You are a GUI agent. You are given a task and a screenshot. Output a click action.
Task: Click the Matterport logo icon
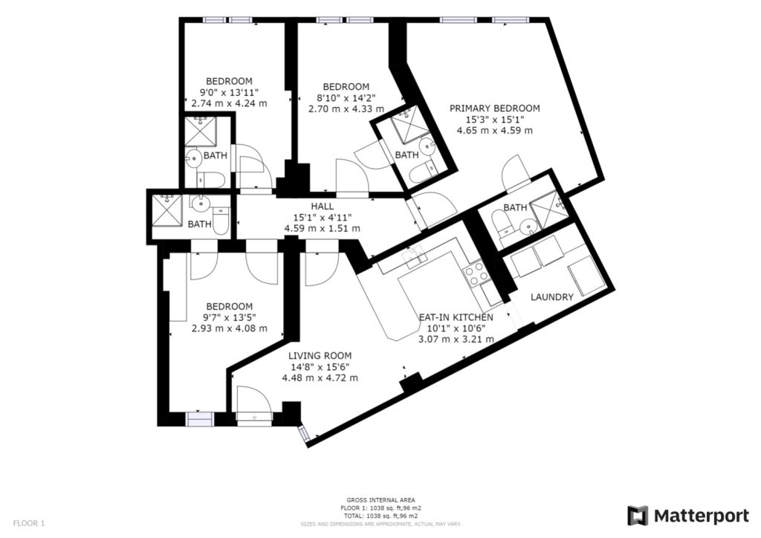click(x=637, y=516)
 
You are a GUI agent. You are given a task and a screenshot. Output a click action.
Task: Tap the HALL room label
click(x=323, y=207)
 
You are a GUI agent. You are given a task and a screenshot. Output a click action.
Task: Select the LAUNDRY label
click(x=552, y=297)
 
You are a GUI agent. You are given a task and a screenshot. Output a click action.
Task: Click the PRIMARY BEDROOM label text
click(x=494, y=108)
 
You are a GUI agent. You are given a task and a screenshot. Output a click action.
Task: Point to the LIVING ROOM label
click(x=320, y=356)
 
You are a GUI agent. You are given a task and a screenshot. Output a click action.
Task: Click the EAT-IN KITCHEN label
click(x=456, y=317)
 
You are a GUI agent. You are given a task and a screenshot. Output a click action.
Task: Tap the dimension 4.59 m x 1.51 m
click(x=323, y=228)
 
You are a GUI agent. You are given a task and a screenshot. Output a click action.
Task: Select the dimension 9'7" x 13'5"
click(x=230, y=318)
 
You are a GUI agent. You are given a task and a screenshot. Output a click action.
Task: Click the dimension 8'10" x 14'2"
click(x=346, y=98)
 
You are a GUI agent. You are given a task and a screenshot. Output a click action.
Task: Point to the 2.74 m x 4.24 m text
click(x=229, y=103)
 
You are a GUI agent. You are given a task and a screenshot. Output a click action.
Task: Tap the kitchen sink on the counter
click(x=414, y=256)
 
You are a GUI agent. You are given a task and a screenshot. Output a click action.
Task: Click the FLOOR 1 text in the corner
click(x=29, y=523)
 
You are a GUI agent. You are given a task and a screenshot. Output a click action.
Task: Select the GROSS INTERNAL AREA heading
click(x=380, y=500)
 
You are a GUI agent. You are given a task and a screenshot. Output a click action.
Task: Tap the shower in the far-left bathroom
click(x=166, y=210)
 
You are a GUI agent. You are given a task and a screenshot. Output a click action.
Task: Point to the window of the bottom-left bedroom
click(x=200, y=418)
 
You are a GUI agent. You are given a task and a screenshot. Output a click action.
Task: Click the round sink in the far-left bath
click(x=199, y=204)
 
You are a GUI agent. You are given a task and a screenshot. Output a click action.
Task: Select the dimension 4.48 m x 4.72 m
click(x=320, y=378)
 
